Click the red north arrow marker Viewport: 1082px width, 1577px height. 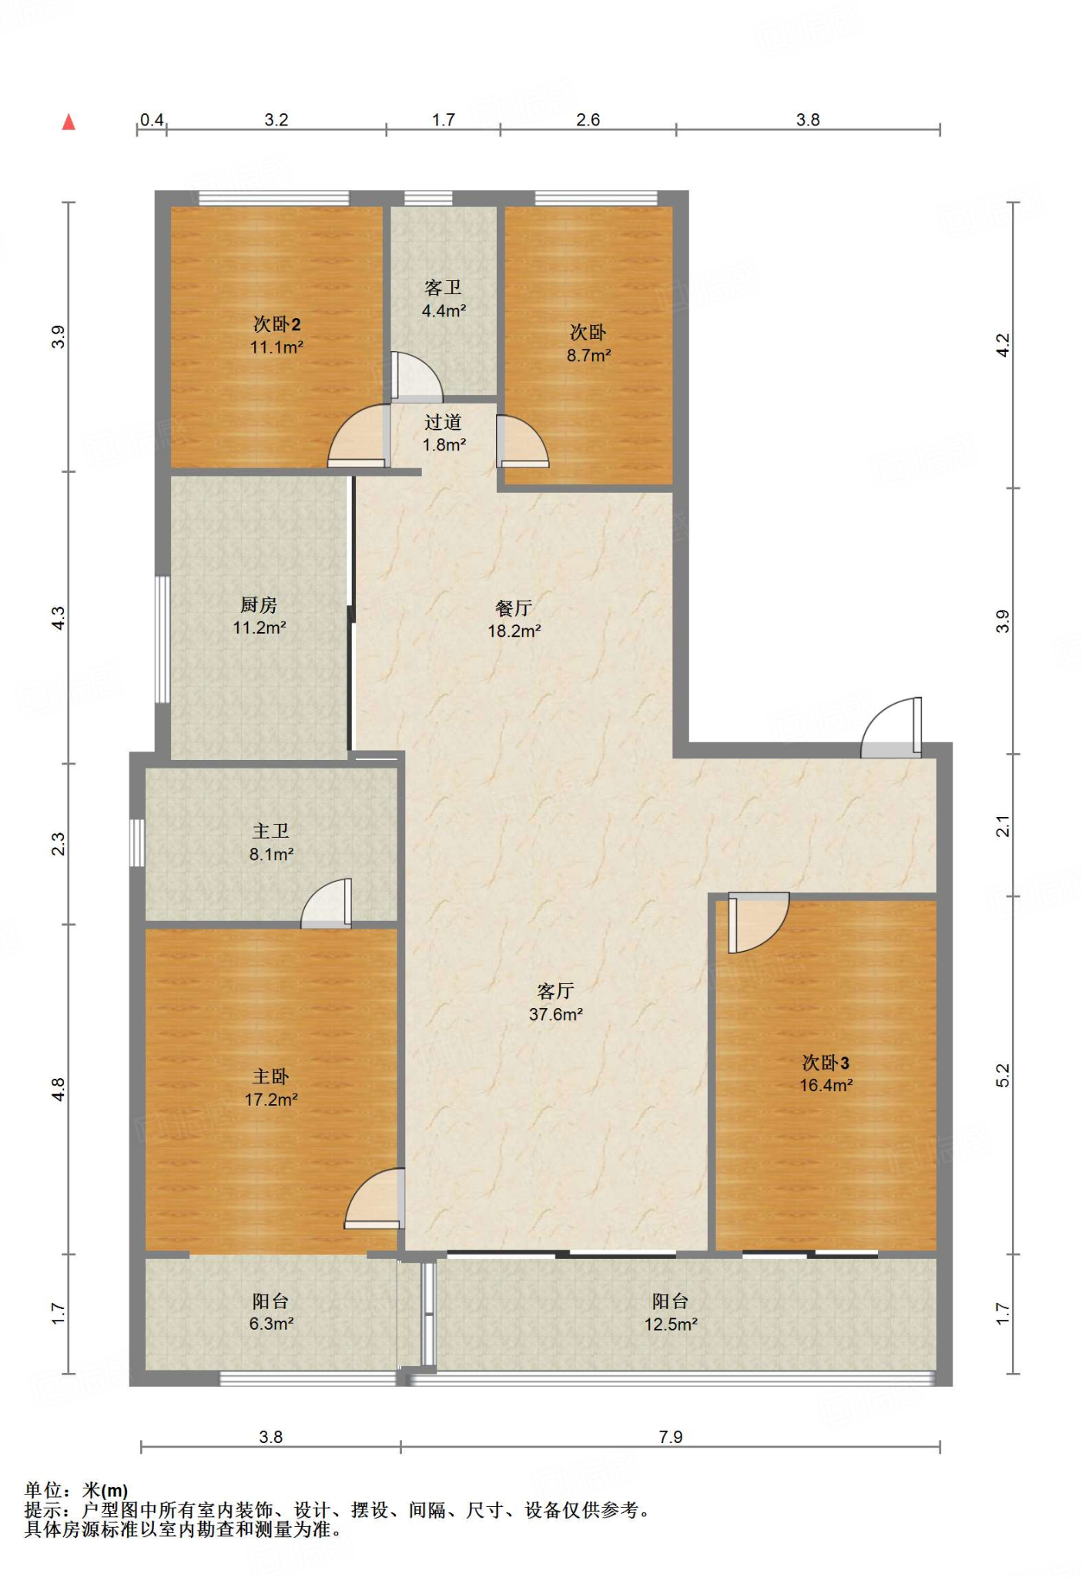pyautogui.click(x=69, y=122)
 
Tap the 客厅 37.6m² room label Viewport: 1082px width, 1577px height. pyautogui.click(x=555, y=1003)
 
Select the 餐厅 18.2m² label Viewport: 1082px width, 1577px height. pyautogui.click(x=514, y=620)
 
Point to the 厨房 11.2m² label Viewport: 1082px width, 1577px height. pyautogui.click(x=259, y=616)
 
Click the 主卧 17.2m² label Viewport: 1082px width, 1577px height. pyautogui.click(x=271, y=1088)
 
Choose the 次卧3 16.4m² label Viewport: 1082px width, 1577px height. pyautogui.click(x=826, y=1074)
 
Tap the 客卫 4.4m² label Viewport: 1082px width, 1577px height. pyautogui.click(x=444, y=299)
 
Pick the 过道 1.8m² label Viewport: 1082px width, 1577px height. pyautogui.click(x=444, y=433)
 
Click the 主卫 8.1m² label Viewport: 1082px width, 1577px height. pyautogui.click(x=271, y=842)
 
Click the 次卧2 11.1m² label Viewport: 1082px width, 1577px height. pyautogui.click(x=276, y=336)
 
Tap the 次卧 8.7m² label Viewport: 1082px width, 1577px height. pyautogui.click(x=588, y=343)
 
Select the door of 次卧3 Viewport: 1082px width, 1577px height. pyautogui.click(x=759, y=922)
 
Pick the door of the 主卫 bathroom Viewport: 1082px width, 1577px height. pyautogui.click(x=327, y=902)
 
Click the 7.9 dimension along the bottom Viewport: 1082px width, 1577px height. pyautogui.click(x=671, y=1437)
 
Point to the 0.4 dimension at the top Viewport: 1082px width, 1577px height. pyautogui.click(x=152, y=119)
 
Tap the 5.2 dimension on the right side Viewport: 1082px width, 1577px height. pyautogui.click(x=1002, y=1075)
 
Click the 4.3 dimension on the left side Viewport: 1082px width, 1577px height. pyautogui.click(x=59, y=618)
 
